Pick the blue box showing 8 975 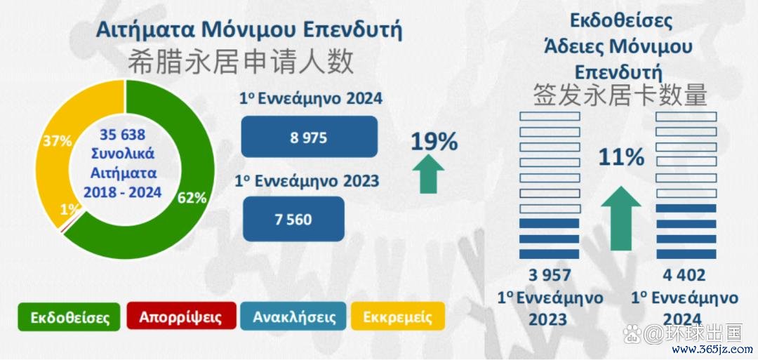tap(309, 137)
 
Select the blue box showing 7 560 tap(293, 219)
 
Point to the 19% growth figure tap(434, 142)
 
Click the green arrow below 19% tap(428, 175)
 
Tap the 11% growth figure tap(622, 157)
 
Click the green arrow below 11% tap(621, 218)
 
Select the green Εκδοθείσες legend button tap(69, 317)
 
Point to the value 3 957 tap(550, 275)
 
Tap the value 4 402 tap(684, 275)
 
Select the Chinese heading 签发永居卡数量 tap(620, 95)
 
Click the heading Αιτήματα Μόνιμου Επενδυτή tap(249, 30)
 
